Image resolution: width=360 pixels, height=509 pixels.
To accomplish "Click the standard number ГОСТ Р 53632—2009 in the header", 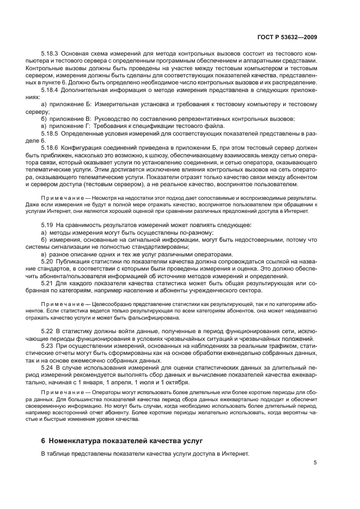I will click(294, 36).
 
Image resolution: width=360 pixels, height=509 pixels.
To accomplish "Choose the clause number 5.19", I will click(47, 224).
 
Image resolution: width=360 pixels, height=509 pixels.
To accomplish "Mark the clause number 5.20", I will click(47, 261).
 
